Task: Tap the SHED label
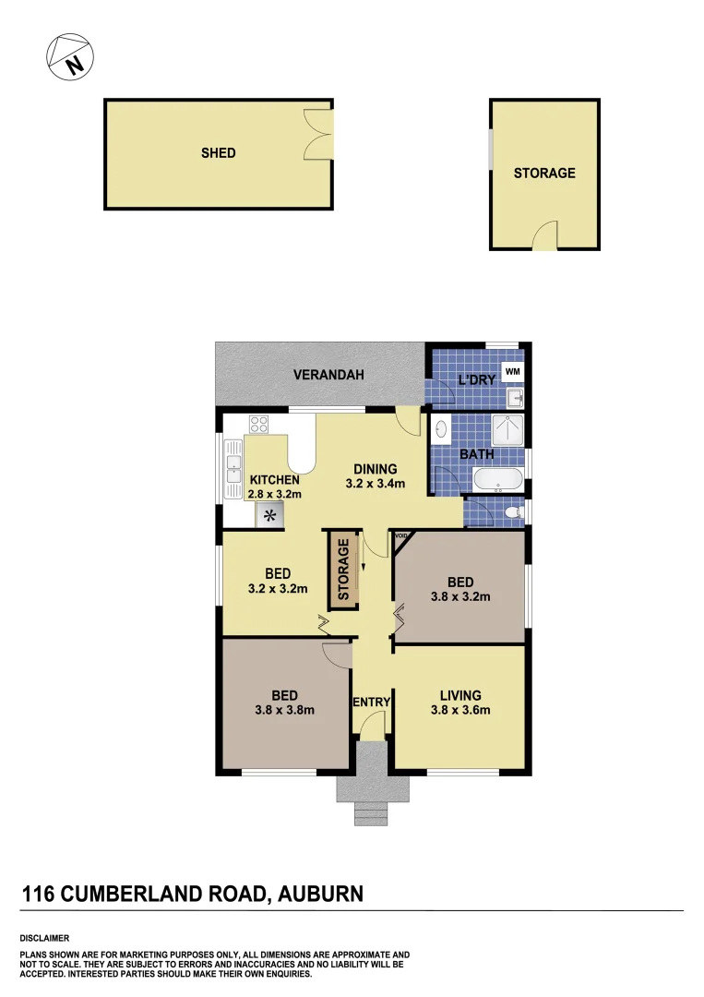pyautogui.click(x=219, y=153)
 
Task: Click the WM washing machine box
pyautogui.click(x=511, y=372)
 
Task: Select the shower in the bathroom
pyautogui.click(x=507, y=430)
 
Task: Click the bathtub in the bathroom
pyautogui.click(x=498, y=480)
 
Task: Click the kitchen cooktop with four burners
pyautogui.click(x=258, y=426)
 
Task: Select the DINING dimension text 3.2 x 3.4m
pyautogui.click(x=373, y=484)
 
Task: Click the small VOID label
pyautogui.click(x=400, y=535)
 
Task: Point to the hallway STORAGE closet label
pyautogui.click(x=343, y=570)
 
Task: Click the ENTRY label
pyautogui.click(x=372, y=703)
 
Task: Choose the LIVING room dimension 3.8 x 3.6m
pyautogui.click(x=459, y=710)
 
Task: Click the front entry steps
pyautogui.click(x=372, y=812)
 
